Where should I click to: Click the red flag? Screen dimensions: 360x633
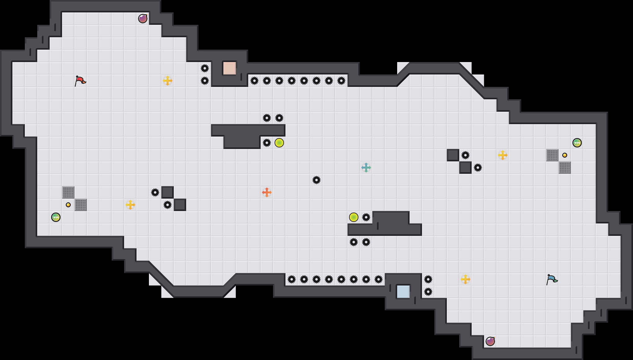click(80, 81)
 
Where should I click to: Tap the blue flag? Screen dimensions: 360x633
click(552, 279)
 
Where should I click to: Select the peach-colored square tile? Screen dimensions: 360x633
click(230, 68)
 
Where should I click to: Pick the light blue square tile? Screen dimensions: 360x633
click(403, 292)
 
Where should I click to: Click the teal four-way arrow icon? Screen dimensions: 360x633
click(366, 168)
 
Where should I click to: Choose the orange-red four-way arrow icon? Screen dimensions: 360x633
click(267, 192)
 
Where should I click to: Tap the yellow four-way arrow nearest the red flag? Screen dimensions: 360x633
click(168, 81)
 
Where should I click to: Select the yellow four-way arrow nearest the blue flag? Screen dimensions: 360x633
click(465, 279)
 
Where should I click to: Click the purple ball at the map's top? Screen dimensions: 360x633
click(143, 19)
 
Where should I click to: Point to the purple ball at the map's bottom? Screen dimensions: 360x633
click(490, 341)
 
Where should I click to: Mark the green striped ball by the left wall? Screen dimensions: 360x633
click(56, 217)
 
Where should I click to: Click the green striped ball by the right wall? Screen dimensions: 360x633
click(577, 143)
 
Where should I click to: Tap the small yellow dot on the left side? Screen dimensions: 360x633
click(68, 205)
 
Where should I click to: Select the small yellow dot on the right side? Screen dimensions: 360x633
click(565, 155)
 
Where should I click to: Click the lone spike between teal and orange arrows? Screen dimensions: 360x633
click(316, 180)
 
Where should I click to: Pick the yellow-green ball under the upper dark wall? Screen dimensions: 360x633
click(279, 143)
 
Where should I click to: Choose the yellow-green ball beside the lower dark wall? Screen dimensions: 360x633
click(354, 217)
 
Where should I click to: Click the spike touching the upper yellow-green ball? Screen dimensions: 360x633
click(267, 143)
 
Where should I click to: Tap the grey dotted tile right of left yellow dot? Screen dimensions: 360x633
click(81, 205)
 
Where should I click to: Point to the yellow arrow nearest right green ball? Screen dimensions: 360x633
click(503, 155)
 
